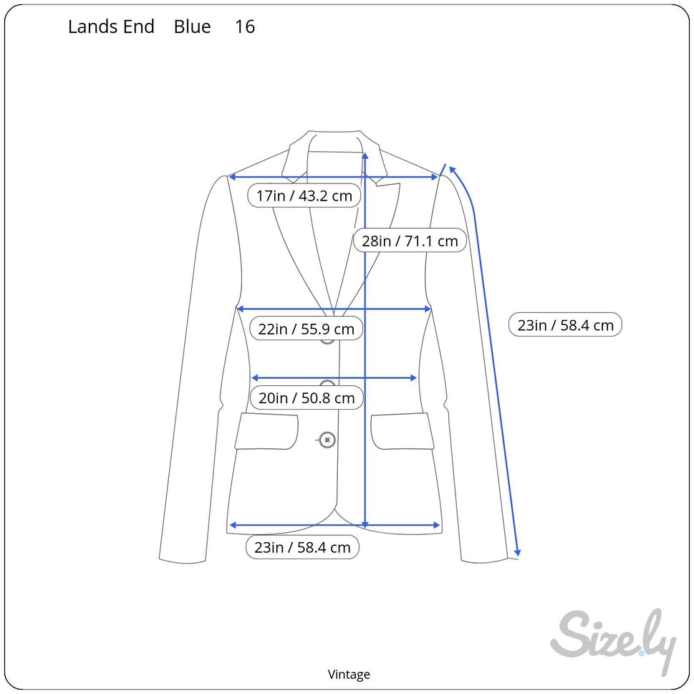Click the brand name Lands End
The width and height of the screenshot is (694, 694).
(111, 26)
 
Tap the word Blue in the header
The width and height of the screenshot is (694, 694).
(192, 26)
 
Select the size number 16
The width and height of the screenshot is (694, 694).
(245, 26)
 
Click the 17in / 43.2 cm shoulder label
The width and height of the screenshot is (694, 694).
(304, 196)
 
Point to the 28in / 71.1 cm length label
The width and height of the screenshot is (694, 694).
(410, 241)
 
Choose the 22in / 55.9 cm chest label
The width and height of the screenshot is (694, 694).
(307, 329)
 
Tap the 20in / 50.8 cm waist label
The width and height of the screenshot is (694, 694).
(307, 398)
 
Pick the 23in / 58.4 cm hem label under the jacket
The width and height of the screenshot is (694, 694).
(302, 547)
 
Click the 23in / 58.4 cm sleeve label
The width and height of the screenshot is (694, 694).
(565, 325)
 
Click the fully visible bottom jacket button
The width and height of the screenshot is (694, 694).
(327, 440)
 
